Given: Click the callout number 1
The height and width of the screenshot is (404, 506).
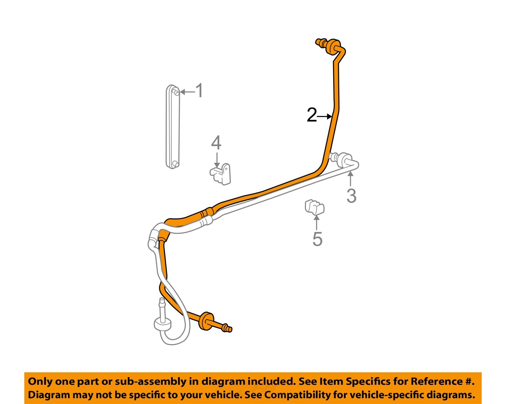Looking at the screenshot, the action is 199,90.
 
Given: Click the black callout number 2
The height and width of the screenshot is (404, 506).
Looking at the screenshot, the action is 312,115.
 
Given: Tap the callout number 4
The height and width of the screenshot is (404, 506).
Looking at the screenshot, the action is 216,142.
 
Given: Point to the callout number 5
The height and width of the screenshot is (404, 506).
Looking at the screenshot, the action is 317,239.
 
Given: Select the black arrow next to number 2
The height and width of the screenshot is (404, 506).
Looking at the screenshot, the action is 325,116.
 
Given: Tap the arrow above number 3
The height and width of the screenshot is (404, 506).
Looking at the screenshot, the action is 350,179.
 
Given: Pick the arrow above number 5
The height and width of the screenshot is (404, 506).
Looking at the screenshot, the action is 317,223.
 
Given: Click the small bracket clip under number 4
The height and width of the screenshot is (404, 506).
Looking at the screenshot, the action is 221,174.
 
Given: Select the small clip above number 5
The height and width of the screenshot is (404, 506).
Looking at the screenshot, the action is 315,207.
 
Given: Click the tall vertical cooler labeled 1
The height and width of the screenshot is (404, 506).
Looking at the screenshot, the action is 173,127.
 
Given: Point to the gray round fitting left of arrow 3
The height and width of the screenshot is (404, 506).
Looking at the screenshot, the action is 345,160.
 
